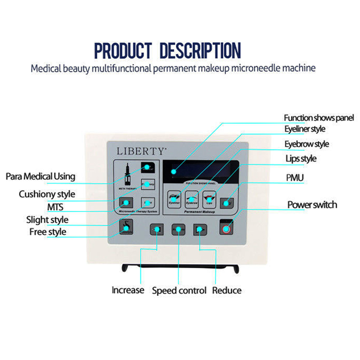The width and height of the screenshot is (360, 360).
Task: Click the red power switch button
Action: [226, 229]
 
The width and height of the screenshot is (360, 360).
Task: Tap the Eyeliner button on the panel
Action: [173, 198]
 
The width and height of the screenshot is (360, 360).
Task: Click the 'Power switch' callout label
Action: [312, 205]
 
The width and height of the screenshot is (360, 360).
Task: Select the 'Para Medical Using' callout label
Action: [40, 176]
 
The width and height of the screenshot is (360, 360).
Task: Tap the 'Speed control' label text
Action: [179, 290]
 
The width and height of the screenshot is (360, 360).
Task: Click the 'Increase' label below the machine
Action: [128, 290]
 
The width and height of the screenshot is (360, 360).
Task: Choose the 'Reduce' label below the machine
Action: [227, 290]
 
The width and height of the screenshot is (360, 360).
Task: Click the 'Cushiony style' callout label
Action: [47, 194]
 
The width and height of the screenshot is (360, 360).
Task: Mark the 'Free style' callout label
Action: [48, 232]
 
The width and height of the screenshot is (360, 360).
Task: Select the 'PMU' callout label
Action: [295, 178]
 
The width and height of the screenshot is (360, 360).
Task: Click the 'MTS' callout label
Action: [55, 207]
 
